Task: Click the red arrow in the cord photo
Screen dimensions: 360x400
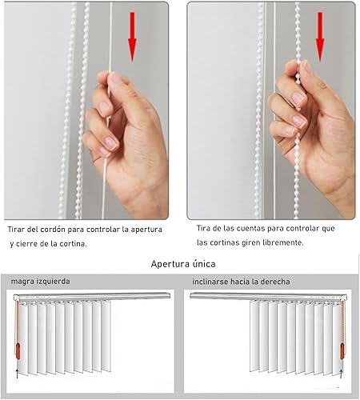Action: pos(132,37)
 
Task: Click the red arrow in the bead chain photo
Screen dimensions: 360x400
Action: pos(320,37)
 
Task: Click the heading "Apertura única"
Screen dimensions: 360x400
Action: pos(183,264)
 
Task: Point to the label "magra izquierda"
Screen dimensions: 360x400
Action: pos(40,282)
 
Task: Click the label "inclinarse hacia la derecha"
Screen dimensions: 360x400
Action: pos(241,282)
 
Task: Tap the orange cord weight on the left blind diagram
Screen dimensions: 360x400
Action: pos(18,351)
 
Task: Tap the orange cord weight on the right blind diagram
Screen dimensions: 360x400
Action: pos(342,351)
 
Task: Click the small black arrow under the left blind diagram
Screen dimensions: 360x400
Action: pos(17,374)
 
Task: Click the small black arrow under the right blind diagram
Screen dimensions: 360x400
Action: pos(341,374)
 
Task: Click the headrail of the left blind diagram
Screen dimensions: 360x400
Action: pos(92,296)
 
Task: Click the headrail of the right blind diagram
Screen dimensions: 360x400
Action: pos(269,296)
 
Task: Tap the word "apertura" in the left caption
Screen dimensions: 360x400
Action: pos(146,230)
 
